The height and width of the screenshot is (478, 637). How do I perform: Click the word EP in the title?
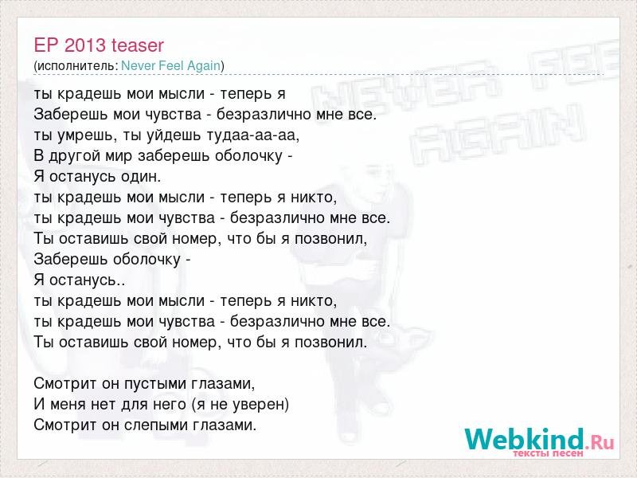(46, 45)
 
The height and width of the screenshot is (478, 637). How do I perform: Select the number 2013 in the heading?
(85, 45)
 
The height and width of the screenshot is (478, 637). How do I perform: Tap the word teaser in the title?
(138, 46)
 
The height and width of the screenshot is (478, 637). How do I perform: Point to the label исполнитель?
(77, 66)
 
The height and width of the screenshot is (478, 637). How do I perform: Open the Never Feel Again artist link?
(170, 65)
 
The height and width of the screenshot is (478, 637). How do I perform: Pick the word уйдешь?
(161, 135)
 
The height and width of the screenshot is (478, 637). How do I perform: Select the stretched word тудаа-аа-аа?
(244, 135)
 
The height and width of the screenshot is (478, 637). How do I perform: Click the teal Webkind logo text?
(524, 439)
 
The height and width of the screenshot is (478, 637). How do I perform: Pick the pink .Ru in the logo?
(600, 442)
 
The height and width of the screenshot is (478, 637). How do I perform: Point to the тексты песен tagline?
(548, 453)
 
